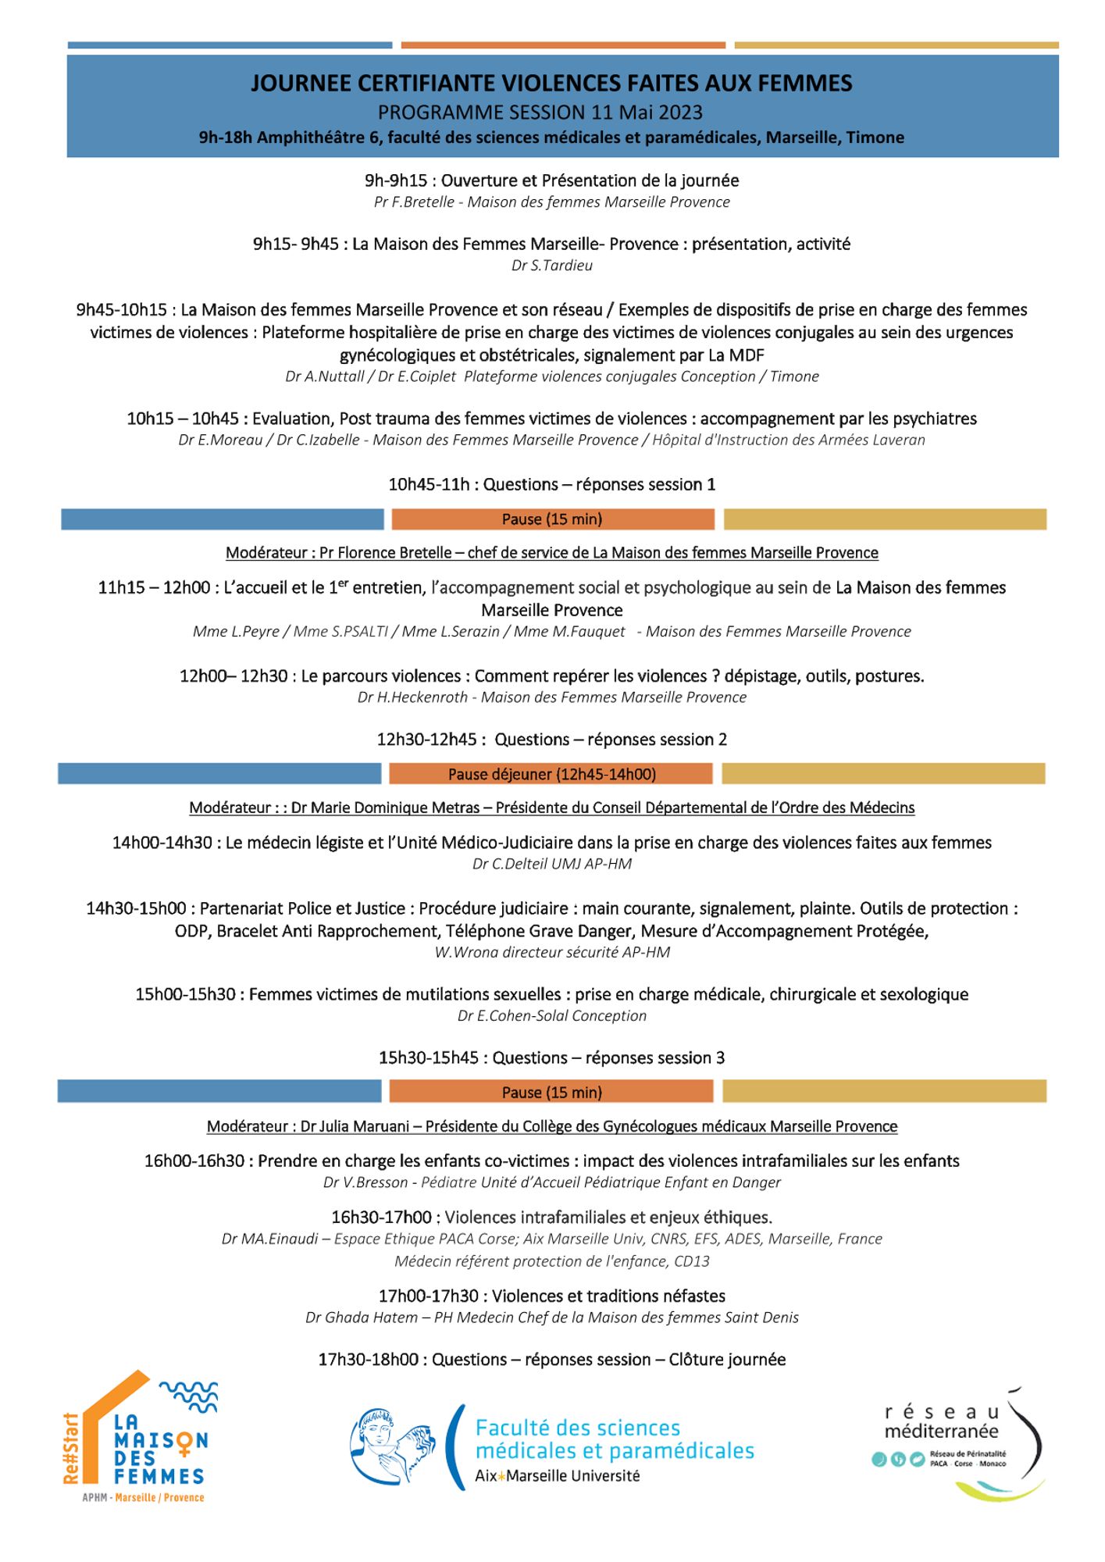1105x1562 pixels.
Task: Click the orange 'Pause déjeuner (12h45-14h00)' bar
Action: click(551, 774)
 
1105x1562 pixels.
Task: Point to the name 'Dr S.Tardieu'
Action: click(551, 266)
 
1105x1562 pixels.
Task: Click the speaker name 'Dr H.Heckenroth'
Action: click(412, 697)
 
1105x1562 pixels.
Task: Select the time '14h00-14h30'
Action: click(162, 843)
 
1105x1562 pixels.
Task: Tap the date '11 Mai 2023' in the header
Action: click(647, 112)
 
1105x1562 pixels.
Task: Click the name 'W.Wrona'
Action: click(462, 952)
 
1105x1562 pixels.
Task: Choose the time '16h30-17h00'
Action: click(382, 1218)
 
